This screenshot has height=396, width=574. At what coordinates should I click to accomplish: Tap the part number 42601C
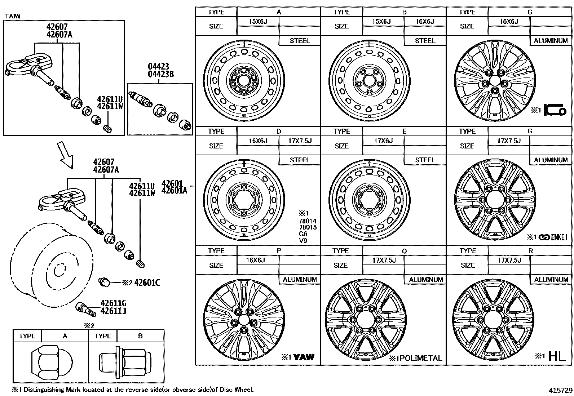coord(147,283)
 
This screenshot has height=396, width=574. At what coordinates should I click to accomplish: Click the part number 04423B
coord(161,75)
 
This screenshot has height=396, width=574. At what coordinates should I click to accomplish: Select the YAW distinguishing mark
coord(304,357)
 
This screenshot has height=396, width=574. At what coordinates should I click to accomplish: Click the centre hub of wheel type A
coord(244,80)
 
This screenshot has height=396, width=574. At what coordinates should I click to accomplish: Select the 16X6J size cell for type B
coord(425,22)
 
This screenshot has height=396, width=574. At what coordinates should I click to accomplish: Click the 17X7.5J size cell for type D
coord(300,141)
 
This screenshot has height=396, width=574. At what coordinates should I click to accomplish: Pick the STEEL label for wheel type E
coord(425,160)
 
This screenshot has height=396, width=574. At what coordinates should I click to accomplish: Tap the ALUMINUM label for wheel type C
coord(551,41)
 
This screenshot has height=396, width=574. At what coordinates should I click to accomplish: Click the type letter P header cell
coord(279,251)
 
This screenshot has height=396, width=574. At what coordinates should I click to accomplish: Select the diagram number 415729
coord(560,390)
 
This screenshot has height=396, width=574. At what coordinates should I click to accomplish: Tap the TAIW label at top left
coord(13,16)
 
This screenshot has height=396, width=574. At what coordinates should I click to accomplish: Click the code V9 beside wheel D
coord(303,240)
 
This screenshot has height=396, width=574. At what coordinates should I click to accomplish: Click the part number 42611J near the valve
coord(113,311)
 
